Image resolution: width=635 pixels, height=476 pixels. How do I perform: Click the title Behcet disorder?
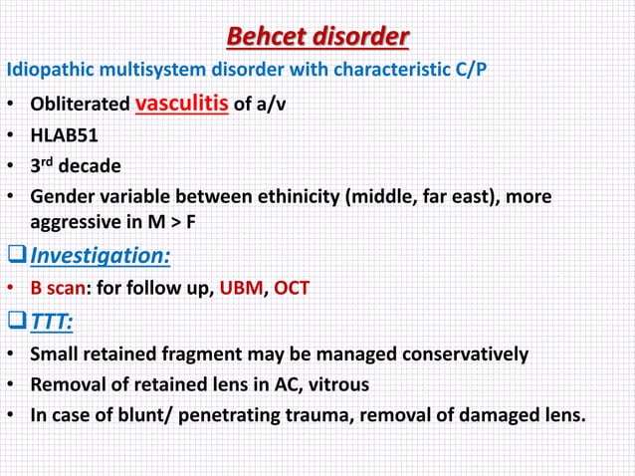(x=317, y=37)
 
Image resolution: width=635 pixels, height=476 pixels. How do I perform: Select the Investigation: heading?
(x=100, y=257)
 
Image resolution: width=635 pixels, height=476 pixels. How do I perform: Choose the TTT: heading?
(x=55, y=321)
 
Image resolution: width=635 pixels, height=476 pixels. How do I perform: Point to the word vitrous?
(x=342, y=383)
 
